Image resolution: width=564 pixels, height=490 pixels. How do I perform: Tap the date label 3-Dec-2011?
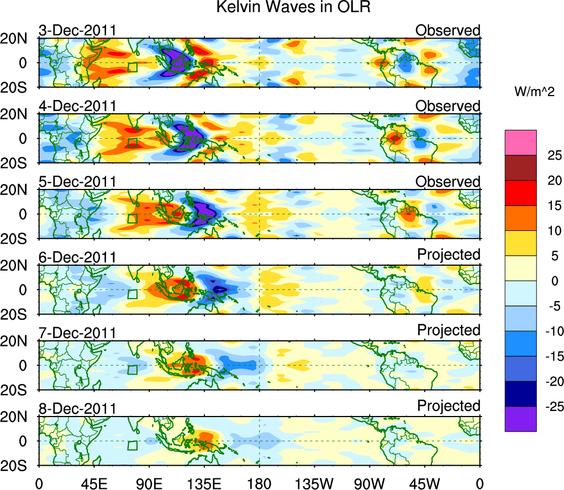point(77,30)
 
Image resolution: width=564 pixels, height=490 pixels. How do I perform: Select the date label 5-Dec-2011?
point(77,182)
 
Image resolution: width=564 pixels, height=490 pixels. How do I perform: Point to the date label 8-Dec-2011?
point(77,409)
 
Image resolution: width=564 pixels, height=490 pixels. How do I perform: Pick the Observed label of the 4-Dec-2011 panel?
point(448,106)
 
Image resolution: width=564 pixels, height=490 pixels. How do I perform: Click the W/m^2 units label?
point(535,92)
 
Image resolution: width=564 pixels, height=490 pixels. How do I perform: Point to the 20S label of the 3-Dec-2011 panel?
point(21,87)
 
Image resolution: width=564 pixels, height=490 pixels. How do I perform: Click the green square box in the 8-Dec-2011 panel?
point(132,445)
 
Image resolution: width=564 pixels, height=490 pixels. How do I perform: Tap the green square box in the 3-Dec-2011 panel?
point(132,67)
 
